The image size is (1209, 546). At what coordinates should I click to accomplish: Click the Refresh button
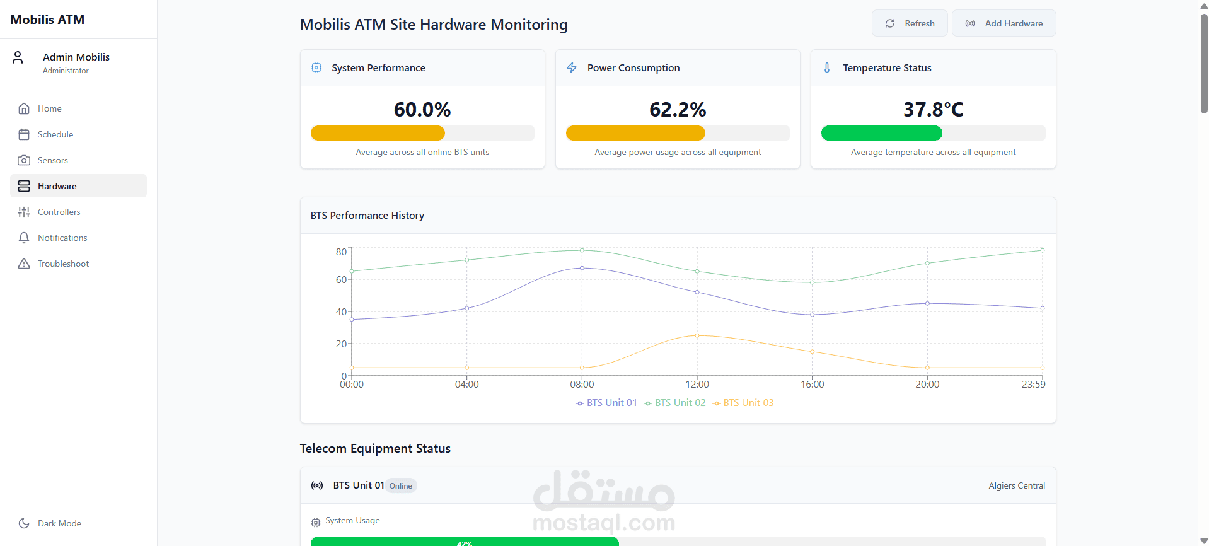pos(910,23)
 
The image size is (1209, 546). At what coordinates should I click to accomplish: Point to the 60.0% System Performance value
pos(422,110)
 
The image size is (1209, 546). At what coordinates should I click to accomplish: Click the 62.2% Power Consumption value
pos(678,110)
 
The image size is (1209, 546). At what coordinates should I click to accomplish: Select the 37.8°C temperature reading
pos(934,110)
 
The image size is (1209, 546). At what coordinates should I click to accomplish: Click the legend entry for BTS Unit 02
pos(674,403)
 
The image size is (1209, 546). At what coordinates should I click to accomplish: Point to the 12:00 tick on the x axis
pos(697,385)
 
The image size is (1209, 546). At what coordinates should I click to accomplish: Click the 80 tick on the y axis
pos(341,252)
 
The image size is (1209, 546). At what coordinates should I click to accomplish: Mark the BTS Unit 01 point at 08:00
pos(582,268)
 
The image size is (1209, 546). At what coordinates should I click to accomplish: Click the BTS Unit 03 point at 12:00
pos(697,335)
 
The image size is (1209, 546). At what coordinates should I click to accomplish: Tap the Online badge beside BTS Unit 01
pos(401,485)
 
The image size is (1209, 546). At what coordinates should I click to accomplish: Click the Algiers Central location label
pos(1017,485)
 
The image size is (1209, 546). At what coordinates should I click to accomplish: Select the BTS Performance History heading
pos(367,216)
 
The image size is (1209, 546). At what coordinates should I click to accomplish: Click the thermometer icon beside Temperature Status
pos(827,67)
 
